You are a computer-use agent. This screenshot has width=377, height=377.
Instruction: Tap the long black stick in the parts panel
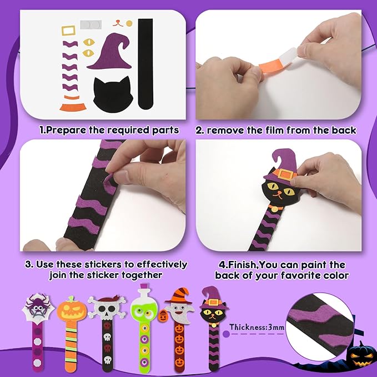145,64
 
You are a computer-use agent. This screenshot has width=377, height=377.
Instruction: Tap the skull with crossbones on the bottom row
105,308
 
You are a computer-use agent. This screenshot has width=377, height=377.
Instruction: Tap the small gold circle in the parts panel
129,23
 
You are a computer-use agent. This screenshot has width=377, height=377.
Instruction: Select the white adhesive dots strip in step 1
92,26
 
